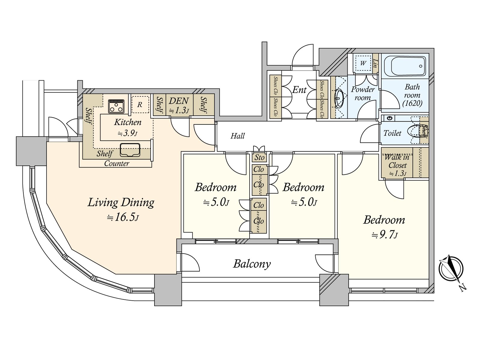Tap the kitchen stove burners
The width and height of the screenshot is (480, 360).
pyautogui.click(x=116, y=106)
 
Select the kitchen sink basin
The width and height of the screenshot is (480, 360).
pyautogui.click(x=130, y=150)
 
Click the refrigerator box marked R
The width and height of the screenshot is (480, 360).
pyautogui.click(x=140, y=104)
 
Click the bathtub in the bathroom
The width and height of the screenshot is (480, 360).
pyautogui.click(x=405, y=66)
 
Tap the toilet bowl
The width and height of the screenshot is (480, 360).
pyautogui.click(x=414, y=132)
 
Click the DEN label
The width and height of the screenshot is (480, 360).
pyautogui.click(x=179, y=101)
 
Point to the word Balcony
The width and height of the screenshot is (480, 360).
pyautogui.click(x=252, y=264)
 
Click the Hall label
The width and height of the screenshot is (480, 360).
pyautogui.click(x=238, y=136)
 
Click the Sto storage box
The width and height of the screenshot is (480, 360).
pyautogui.click(x=259, y=157)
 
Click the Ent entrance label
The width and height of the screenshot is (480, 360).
pyautogui.click(x=299, y=90)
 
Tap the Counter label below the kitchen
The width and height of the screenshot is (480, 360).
pyautogui.click(x=117, y=163)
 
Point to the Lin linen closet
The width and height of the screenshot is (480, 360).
pyautogui.click(x=376, y=63)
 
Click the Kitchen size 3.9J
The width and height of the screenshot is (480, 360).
pyautogui.click(x=127, y=133)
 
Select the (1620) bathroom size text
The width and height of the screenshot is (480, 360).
pyautogui.click(x=412, y=103)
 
